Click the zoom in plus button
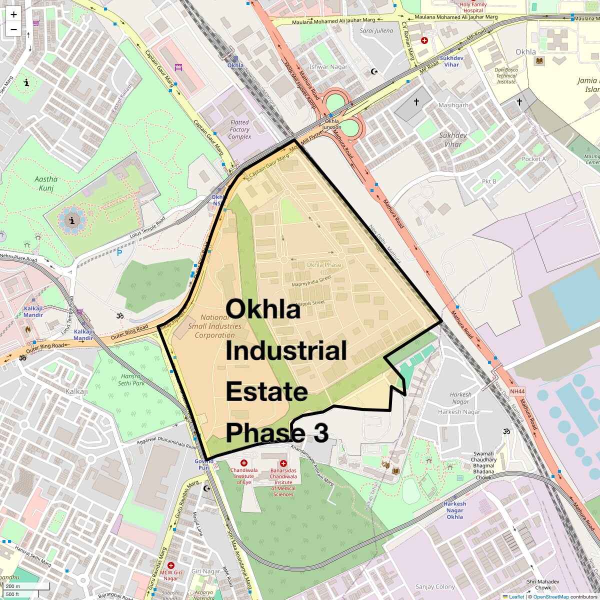(x=13, y=14)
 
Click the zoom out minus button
(x=13, y=29)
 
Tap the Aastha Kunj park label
(x=46, y=183)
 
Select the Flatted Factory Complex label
(x=239, y=129)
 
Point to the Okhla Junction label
(x=332, y=124)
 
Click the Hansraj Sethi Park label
(x=132, y=379)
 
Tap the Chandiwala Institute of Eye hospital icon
(x=244, y=463)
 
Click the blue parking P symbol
(x=119, y=253)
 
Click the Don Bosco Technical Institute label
(x=506, y=76)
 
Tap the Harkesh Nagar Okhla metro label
(x=454, y=510)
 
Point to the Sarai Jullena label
(x=376, y=31)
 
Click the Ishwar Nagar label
(x=328, y=67)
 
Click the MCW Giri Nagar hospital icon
(x=170, y=565)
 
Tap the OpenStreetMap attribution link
(x=550, y=596)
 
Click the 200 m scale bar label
(x=13, y=586)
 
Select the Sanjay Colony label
(x=435, y=586)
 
